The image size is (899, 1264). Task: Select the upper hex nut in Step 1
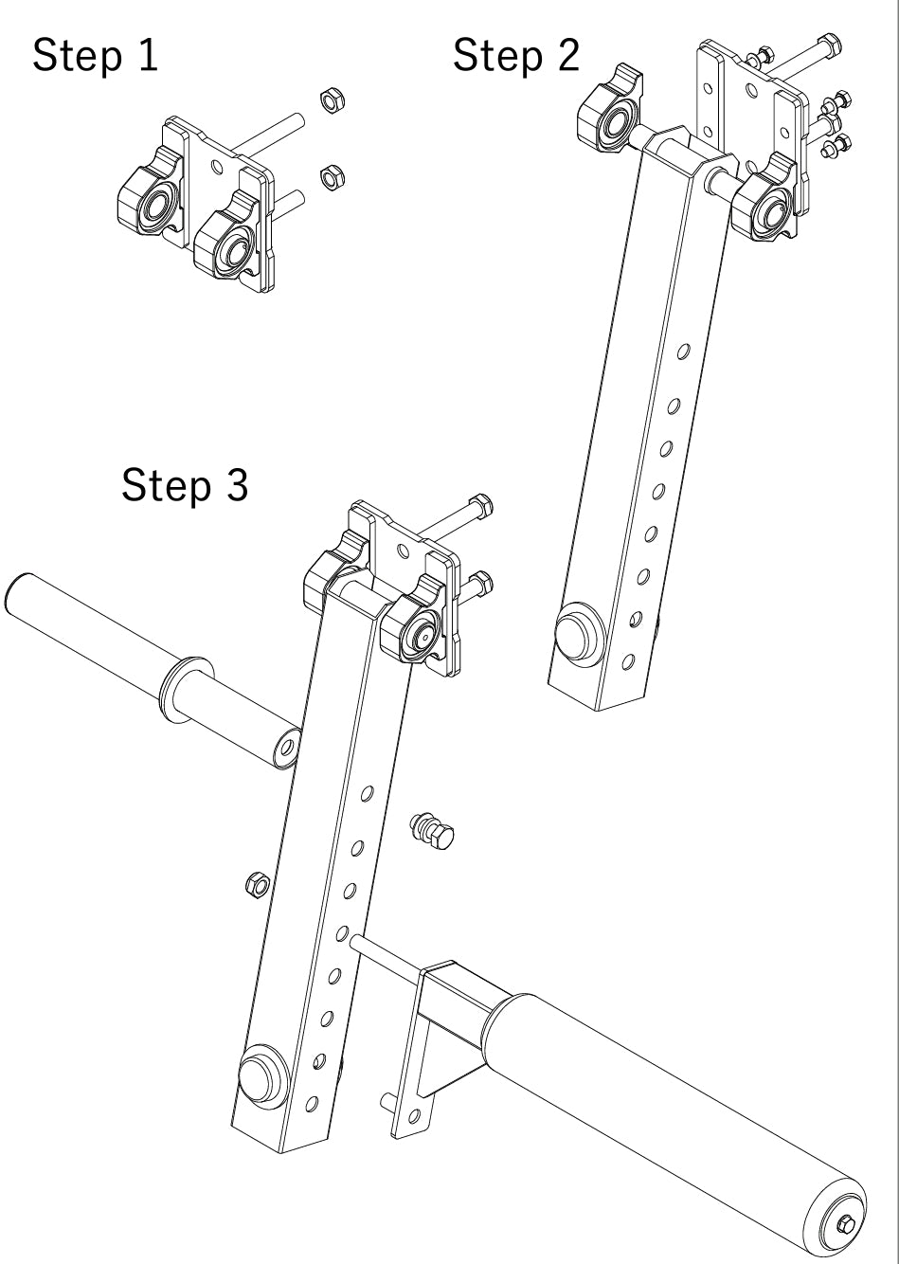tap(332, 99)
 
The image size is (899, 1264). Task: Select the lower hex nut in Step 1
tap(332, 175)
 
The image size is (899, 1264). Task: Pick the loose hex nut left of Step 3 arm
tap(255, 885)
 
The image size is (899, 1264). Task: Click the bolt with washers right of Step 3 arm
tap(433, 831)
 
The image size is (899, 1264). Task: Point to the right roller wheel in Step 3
tap(415, 631)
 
